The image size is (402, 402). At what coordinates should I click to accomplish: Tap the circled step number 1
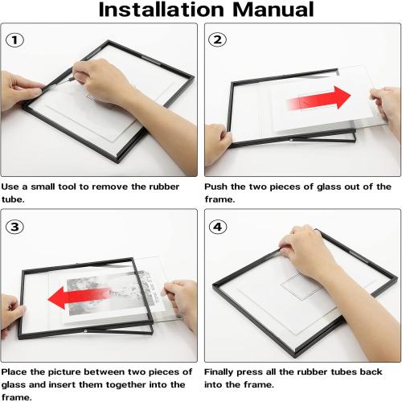click(x=15, y=39)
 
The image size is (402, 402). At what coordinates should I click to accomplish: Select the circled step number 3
click(x=15, y=226)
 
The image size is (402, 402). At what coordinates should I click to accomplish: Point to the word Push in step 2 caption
click(x=218, y=187)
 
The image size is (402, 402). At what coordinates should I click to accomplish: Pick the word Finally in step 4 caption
click(x=223, y=372)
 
